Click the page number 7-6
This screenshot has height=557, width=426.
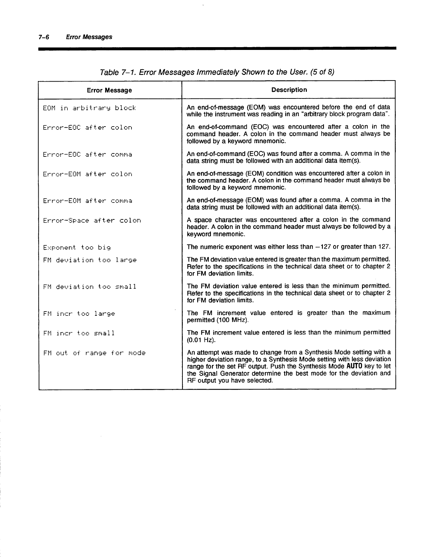coord(44,37)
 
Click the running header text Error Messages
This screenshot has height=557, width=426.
coord(89,37)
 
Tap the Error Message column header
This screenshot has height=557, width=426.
coord(109,90)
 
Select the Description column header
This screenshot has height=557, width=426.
coord(289,90)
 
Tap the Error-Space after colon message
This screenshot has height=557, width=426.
coord(92,220)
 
